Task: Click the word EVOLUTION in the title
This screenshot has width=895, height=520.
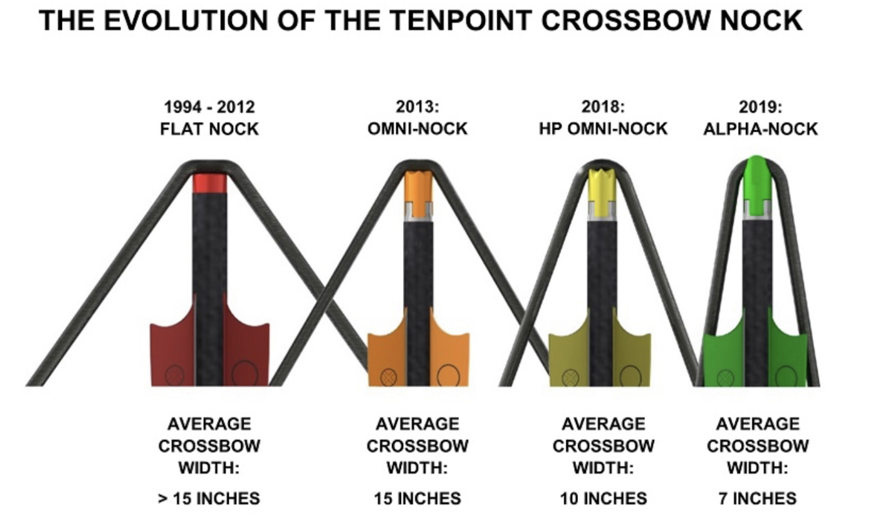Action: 186,21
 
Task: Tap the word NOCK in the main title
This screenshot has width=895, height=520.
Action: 761,21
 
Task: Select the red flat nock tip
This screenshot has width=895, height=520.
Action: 210,183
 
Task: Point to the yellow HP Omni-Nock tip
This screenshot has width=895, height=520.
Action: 602,194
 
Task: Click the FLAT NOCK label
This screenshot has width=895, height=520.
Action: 209,129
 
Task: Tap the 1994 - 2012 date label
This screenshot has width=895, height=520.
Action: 209,107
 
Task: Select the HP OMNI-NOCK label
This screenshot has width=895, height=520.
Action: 603,129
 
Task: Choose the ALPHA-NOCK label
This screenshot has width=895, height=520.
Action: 761,129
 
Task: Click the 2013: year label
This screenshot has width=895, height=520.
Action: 418,107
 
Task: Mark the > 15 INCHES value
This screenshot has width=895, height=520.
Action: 209,499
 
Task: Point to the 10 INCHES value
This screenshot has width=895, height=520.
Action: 603,499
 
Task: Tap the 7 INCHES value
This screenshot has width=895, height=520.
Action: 757,499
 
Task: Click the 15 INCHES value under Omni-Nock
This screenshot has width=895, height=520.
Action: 418,499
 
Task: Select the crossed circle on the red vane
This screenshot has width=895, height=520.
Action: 174,375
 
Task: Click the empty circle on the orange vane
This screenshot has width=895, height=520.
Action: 449,375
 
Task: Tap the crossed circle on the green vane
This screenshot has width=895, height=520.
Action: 726,378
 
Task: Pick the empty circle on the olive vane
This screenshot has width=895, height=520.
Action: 631,376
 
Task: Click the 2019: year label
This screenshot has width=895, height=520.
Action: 761,107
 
